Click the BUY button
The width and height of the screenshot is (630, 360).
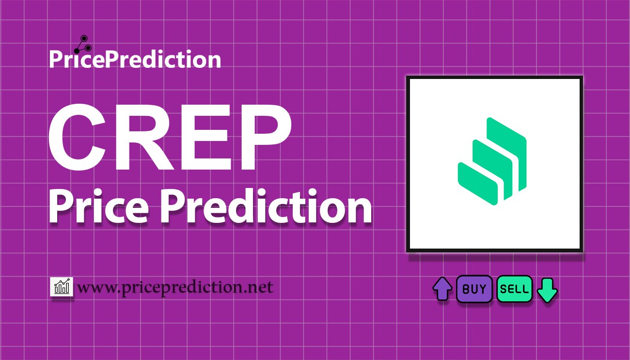click(x=474, y=289)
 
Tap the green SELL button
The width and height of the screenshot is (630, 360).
click(x=515, y=289)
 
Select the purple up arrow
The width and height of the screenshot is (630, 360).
click(x=442, y=289)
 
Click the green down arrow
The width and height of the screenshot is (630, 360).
click(x=547, y=290)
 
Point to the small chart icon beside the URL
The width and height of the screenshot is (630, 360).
click(x=62, y=287)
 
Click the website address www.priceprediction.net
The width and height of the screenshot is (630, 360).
click(x=175, y=287)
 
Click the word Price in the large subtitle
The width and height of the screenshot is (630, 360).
click(x=99, y=206)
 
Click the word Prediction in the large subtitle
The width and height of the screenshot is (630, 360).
click(x=266, y=206)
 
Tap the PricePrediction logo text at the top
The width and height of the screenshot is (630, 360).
click(x=135, y=59)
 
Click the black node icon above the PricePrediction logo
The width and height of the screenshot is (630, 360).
click(x=83, y=45)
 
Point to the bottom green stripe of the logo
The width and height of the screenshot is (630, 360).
click(x=477, y=183)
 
